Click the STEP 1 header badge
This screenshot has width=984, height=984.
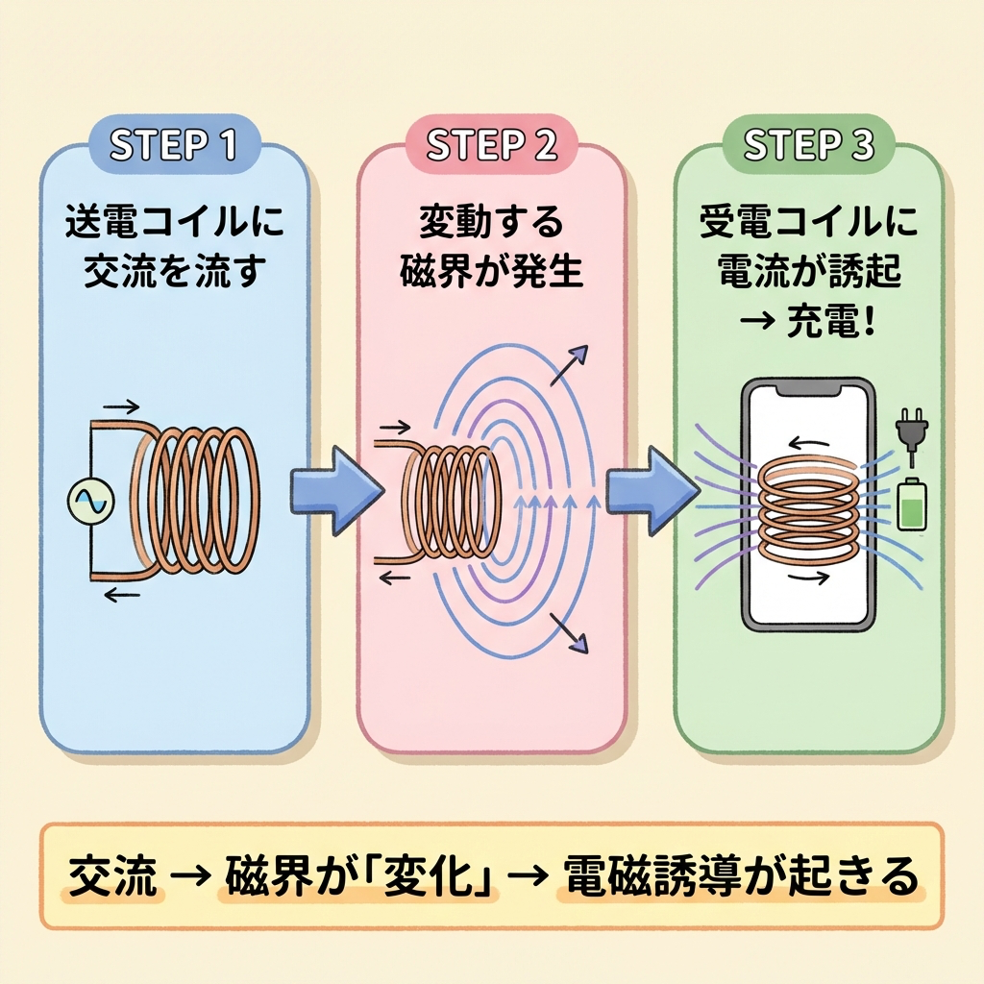173,145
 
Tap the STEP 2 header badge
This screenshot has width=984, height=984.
491,145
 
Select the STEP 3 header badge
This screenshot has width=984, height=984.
808,145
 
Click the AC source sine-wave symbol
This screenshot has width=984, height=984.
92,500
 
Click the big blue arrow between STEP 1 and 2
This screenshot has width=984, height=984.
332,491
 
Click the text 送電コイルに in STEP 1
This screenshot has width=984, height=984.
173,228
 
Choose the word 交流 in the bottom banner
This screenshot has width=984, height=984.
112,875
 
